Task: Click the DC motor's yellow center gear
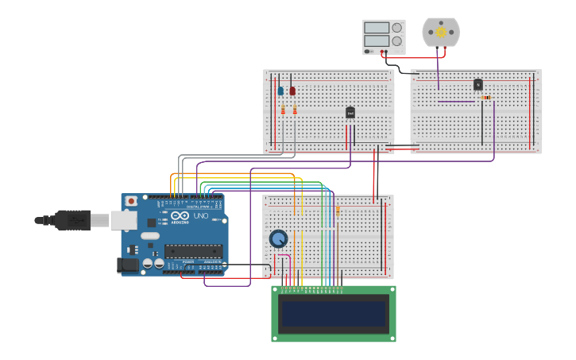click(441, 32)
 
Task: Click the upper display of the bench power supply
click(377, 27)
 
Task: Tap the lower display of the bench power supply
click(377, 41)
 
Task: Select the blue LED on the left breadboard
click(280, 91)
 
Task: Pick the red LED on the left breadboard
click(292, 91)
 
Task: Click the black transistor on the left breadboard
click(350, 113)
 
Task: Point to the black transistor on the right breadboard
click(477, 84)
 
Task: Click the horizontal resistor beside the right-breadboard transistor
click(486, 98)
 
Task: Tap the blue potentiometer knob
click(278, 238)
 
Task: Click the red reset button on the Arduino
click(131, 201)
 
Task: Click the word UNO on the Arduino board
click(201, 215)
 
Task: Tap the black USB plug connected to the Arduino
click(72, 219)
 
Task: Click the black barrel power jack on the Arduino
click(126, 265)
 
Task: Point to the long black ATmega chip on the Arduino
click(193, 250)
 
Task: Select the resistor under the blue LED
click(283, 110)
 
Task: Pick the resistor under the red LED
click(295, 110)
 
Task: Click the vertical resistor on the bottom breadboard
click(338, 211)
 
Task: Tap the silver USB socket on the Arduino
click(124, 219)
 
